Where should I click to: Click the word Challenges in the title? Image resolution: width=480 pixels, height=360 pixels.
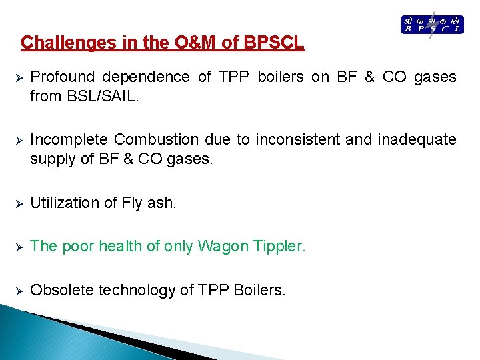tap(61, 43)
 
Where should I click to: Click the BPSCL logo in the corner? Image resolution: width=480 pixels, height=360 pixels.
tap(431, 25)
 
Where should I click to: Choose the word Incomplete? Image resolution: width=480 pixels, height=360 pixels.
tap(70, 140)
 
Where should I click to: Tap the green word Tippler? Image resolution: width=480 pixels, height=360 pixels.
tap(276, 247)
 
